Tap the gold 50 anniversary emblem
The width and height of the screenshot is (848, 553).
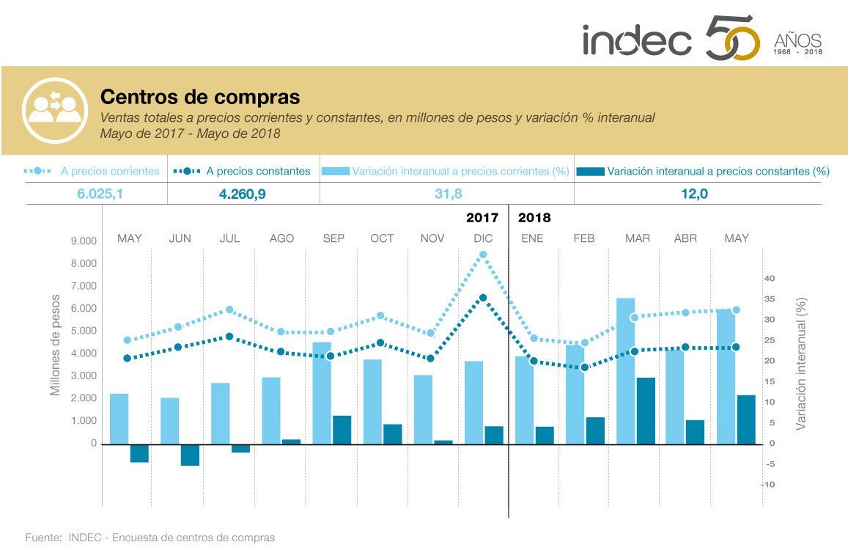731,40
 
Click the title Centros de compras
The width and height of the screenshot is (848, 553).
200,97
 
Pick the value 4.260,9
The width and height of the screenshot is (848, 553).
243,194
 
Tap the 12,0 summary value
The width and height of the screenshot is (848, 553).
697,194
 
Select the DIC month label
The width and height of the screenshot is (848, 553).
483,238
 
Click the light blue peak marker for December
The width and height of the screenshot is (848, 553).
483,254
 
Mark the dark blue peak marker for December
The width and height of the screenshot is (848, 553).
483,298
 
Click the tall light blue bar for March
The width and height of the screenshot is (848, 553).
625,370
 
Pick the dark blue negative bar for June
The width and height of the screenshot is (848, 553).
190,455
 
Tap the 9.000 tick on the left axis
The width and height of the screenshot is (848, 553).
83,241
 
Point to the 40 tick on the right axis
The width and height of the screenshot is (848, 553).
770,278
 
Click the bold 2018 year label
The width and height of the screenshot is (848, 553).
534,218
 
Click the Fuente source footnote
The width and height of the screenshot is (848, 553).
150,538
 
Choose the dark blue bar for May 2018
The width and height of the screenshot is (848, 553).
746,420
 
